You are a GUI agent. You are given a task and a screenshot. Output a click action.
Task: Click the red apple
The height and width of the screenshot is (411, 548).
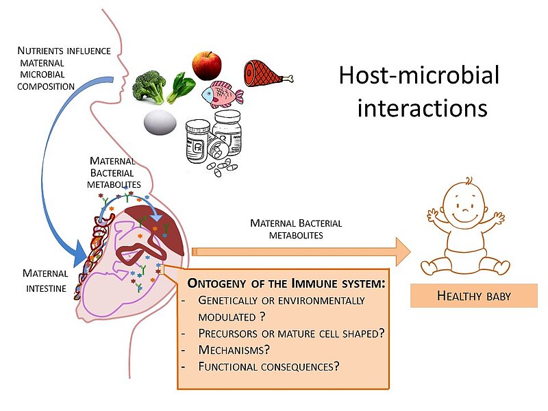(x=206, y=65)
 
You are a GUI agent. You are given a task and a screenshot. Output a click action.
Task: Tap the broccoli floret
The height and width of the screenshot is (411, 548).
(x=149, y=85)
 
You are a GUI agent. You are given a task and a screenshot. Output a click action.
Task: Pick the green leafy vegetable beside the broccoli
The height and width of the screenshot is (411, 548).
(x=182, y=88)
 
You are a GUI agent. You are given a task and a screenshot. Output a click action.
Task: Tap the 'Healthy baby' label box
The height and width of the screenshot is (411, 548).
(x=473, y=296)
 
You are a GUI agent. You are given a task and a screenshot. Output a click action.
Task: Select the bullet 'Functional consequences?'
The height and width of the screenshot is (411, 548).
(x=269, y=366)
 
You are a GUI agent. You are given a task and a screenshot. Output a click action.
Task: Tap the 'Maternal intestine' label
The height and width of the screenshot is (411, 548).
(x=45, y=281)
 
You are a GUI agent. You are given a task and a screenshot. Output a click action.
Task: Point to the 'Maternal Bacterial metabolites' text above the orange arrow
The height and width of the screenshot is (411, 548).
(x=296, y=229)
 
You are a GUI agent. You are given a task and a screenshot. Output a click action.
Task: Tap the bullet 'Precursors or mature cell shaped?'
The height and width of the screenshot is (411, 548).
(x=290, y=333)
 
